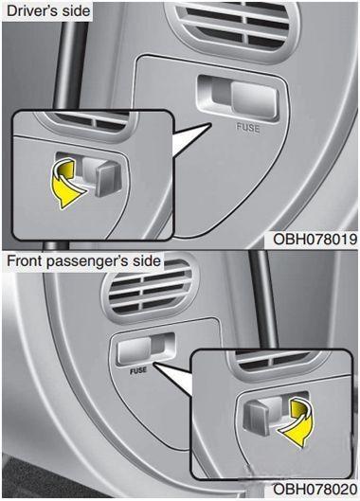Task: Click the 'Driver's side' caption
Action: [x=48, y=10]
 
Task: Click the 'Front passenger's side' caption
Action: [x=83, y=261]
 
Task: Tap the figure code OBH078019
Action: [x=315, y=240]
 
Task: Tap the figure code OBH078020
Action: [x=315, y=490]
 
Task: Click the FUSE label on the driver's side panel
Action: [x=248, y=128]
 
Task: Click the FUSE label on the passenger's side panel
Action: [x=138, y=370]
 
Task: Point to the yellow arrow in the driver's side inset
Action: [x=67, y=185]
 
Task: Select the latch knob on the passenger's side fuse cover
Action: [x=135, y=351]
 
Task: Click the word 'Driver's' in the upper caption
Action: [x=27, y=10]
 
